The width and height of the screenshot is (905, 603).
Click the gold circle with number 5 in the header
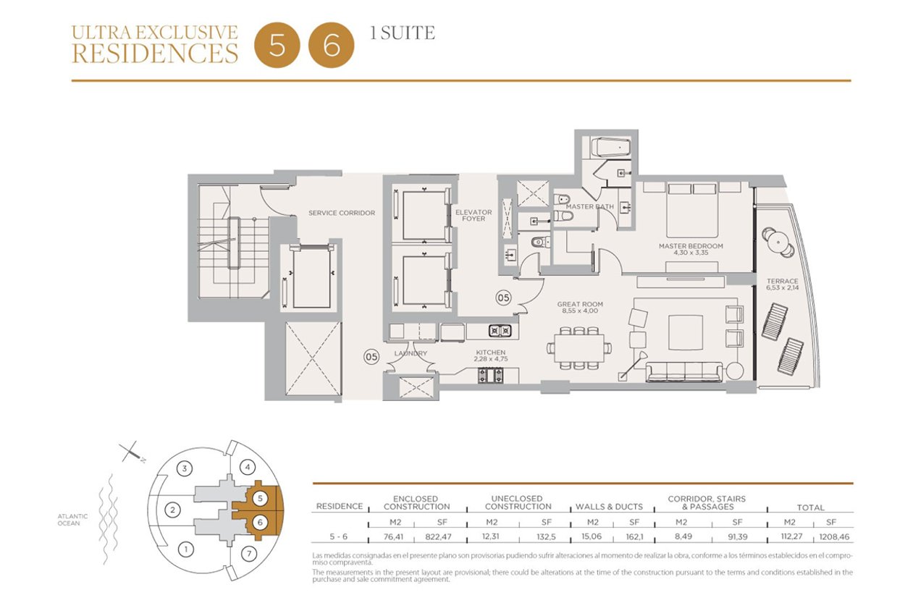coord(277,45)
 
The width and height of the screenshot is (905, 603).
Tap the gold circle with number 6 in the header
coord(332,45)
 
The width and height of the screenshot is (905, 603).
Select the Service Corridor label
coord(342,213)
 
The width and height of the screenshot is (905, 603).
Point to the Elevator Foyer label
coord(473,215)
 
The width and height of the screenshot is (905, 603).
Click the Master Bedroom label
coord(691,246)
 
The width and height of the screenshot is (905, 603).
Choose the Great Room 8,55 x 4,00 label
coord(580,308)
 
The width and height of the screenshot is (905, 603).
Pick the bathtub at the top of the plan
coord(610,148)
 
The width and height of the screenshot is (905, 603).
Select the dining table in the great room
coord(579,347)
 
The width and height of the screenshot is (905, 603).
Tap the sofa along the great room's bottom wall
coord(684,371)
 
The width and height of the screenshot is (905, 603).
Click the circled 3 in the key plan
coord(185,468)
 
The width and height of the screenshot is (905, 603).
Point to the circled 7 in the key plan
coord(249,553)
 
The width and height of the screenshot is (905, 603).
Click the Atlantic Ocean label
coord(72,520)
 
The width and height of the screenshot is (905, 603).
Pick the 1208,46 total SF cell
coord(834,537)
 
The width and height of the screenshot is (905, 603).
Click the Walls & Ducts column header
coord(609,507)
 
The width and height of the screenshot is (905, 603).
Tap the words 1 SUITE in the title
coord(403,33)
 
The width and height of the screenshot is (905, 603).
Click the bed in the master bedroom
coord(692,211)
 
